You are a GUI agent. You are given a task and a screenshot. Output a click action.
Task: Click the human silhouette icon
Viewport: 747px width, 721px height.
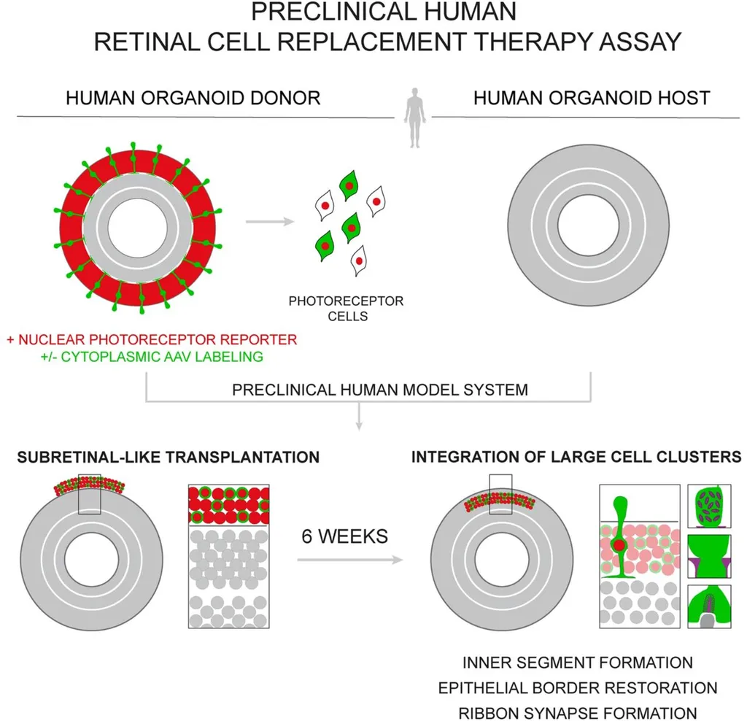point(414,117)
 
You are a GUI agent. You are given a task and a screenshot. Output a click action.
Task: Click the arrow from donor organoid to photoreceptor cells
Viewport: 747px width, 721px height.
point(270,221)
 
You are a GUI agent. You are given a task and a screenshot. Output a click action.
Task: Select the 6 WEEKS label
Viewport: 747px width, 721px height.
point(345,536)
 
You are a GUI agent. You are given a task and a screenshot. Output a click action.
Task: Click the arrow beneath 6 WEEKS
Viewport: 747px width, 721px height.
point(350,560)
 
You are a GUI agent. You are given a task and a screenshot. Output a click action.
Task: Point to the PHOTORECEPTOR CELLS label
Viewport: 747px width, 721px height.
point(347,308)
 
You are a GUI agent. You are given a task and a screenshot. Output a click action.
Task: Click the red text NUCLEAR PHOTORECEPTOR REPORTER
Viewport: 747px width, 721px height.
point(158,340)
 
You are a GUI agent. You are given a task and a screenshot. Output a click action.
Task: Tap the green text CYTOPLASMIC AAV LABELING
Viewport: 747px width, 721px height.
point(162,357)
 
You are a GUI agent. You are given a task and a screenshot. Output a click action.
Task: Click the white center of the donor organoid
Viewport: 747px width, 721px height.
point(138,228)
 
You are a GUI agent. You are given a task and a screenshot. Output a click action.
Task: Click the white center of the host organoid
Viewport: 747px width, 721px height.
point(589,225)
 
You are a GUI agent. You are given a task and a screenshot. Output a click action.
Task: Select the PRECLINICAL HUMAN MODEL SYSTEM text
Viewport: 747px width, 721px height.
point(380,390)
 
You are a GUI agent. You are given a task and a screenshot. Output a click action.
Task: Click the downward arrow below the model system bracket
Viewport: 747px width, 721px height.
point(359,417)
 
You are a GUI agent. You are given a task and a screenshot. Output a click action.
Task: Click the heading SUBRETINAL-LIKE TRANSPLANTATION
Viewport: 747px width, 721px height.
point(169,458)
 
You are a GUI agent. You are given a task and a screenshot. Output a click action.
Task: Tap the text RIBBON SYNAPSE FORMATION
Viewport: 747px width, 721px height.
point(578,714)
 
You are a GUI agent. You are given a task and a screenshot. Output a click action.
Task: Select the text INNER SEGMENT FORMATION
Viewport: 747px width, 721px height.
point(578,663)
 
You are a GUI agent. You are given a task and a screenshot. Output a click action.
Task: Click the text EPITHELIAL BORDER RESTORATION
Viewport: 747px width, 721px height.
point(578,688)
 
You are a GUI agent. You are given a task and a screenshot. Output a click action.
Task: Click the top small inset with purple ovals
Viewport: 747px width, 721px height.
point(709,506)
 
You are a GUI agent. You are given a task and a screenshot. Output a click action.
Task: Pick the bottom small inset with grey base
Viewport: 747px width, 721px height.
point(709,606)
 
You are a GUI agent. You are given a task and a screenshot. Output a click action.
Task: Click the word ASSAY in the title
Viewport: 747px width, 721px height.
point(640,42)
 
